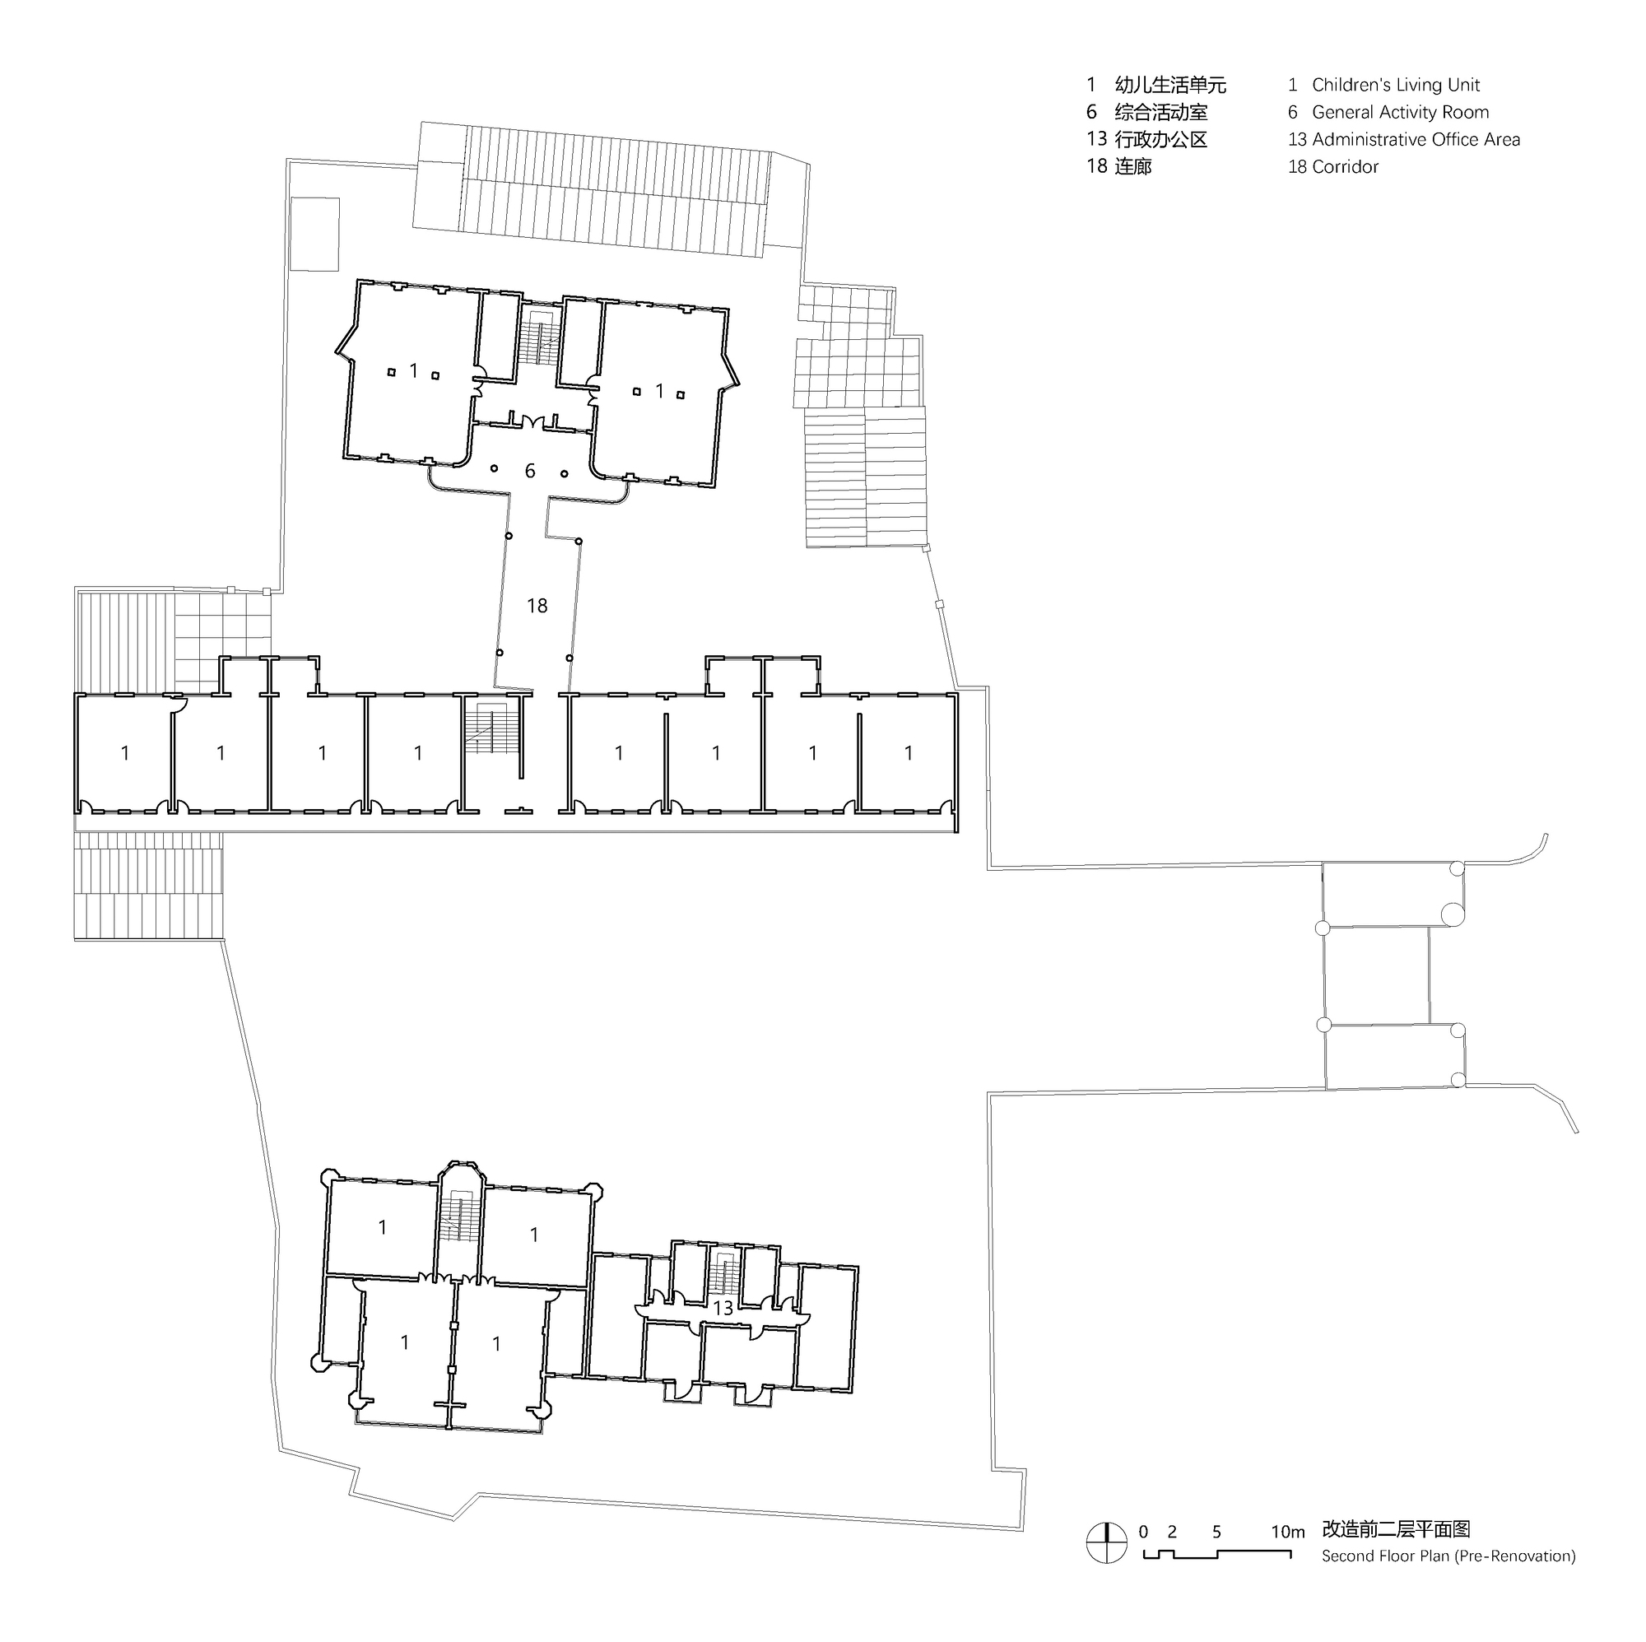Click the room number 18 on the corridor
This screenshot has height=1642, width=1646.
pos(537,606)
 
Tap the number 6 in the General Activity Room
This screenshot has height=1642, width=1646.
pos(530,472)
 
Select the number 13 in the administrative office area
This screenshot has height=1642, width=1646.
pos(723,1308)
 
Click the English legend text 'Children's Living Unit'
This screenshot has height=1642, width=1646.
pos(1396,86)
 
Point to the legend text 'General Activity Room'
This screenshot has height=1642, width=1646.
pos(1400,113)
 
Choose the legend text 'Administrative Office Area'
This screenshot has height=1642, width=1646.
pos(1415,140)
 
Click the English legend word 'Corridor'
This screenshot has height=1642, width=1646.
pos(1345,167)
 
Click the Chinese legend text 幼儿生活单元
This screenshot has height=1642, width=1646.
pos(1169,86)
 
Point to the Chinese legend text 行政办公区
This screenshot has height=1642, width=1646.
pos(1160,140)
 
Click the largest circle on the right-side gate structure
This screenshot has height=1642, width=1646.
pos(1452,915)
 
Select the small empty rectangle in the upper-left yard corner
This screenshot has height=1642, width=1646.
pos(315,235)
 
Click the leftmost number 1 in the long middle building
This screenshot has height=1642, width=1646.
pos(125,753)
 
